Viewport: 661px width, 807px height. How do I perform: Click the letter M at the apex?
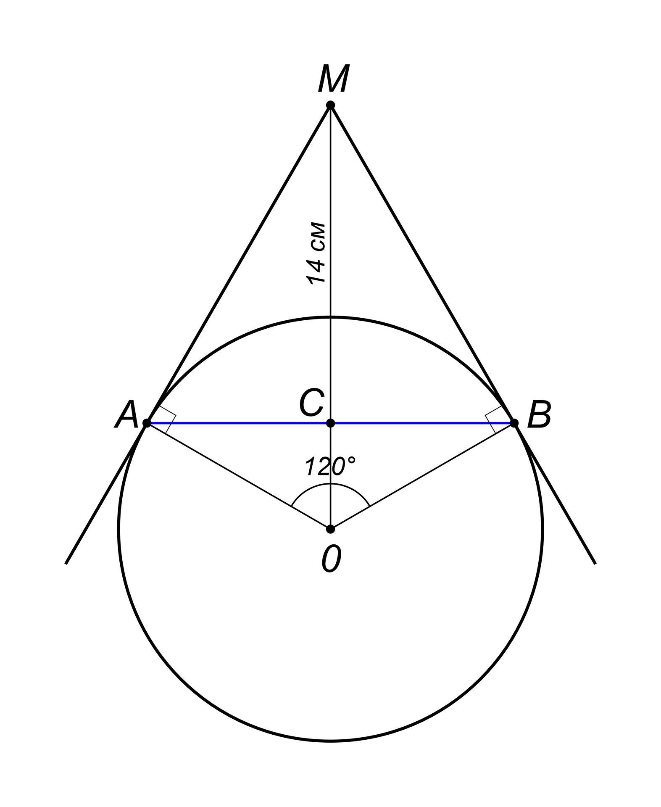coord(332,79)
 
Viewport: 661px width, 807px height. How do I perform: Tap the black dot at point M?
coord(331,105)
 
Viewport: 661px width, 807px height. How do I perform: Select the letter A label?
coord(126,415)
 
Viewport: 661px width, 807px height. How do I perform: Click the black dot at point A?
coord(147,423)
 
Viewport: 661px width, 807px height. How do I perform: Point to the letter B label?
coord(539,415)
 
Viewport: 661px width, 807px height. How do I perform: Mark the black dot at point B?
coord(514,423)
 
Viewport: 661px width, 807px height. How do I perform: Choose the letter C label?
coord(311,402)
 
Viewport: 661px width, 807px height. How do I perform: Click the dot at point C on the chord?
coord(331,423)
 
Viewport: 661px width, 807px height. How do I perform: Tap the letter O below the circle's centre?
coord(331,559)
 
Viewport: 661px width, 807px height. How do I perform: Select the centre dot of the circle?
coord(331,529)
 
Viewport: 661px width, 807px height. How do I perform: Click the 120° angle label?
coord(330,467)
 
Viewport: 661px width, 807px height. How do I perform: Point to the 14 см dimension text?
coord(316,253)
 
